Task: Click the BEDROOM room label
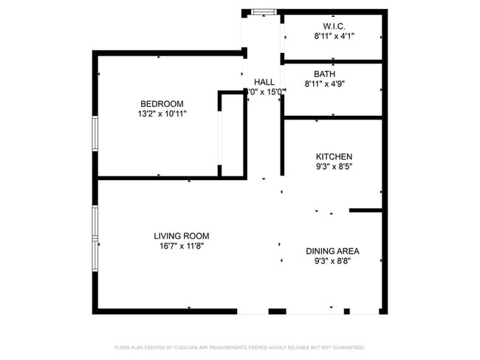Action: click(x=162, y=104)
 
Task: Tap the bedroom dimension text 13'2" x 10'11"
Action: click(x=162, y=114)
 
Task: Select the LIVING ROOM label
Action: click(x=181, y=236)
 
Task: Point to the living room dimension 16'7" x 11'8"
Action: click(x=181, y=246)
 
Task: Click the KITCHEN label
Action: click(x=334, y=156)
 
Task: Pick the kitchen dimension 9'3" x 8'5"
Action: click(x=334, y=167)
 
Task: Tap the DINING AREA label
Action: click(x=332, y=251)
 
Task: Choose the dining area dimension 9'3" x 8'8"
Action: click(x=332, y=261)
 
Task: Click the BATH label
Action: click(x=324, y=74)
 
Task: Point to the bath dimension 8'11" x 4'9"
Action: click(x=325, y=84)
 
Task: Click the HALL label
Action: click(x=264, y=82)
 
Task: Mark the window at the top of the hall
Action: click(x=264, y=11)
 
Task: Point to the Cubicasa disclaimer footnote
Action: click(x=239, y=347)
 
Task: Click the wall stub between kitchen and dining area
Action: click(x=366, y=210)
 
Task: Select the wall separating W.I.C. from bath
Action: click(x=332, y=61)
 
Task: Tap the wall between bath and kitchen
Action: click(x=332, y=117)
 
